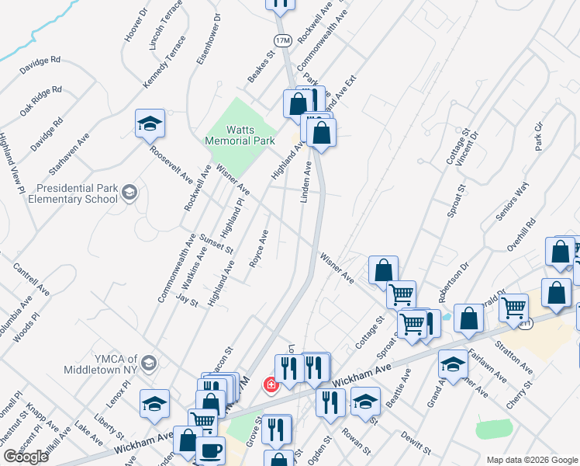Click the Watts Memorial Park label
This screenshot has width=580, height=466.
tap(240, 136)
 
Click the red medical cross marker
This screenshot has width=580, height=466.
tap(271, 384)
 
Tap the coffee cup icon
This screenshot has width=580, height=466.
tap(209, 451)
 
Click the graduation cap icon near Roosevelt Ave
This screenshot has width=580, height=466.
tap(150, 123)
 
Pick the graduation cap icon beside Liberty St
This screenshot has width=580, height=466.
tap(154, 404)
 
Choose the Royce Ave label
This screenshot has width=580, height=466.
tap(258, 248)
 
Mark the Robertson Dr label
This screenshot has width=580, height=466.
tap(453, 276)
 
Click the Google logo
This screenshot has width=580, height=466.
tap(26, 457)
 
